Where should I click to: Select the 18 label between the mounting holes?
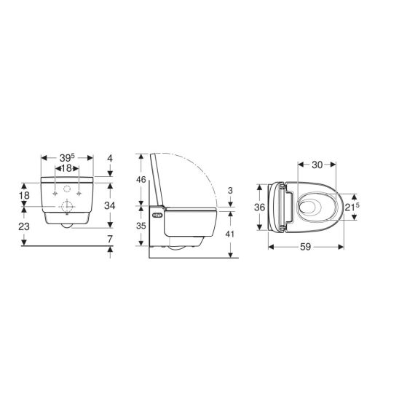(66, 169)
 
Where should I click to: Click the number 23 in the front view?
(23, 226)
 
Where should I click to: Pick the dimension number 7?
(110, 239)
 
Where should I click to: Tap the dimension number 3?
(230, 190)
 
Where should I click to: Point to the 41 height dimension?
(231, 235)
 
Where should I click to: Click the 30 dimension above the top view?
(317, 165)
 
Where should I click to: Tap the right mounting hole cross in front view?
(78, 195)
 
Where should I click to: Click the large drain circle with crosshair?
(67, 206)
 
